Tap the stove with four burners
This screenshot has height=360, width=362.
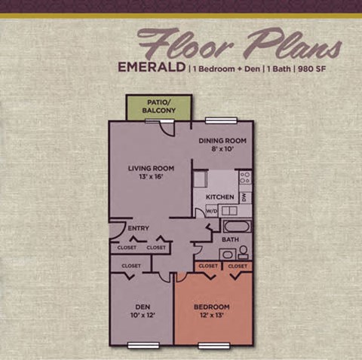(245, 178)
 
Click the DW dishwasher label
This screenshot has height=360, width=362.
(245, 198)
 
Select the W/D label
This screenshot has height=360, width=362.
(212, 212)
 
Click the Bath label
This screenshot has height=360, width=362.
(230, 240)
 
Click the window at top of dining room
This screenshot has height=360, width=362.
(217, 120)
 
